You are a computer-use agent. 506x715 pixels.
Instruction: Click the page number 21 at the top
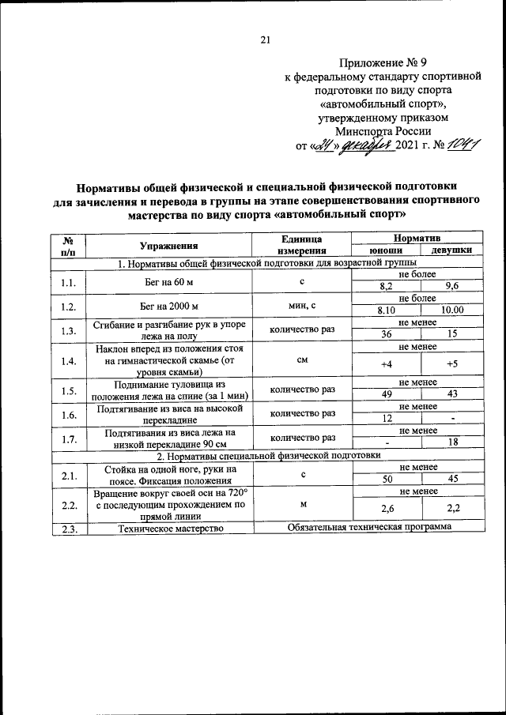point(265,40)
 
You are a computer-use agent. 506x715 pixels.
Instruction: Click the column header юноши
point(387,250)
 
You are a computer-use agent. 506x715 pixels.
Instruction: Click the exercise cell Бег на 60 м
point(168,280)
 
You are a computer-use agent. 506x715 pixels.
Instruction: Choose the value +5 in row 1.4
point(451,363)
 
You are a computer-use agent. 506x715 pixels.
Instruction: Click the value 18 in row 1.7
point(451,442)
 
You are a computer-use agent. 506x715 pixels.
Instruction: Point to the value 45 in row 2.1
point(451,479)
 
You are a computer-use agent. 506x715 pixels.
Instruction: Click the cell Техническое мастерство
point(168,528)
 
